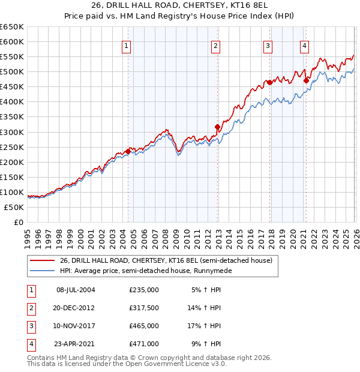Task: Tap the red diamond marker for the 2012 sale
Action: click(x=217, y=127)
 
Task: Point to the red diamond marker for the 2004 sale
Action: click(x=128, y=152)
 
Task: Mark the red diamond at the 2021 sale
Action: click(x=306, y=80)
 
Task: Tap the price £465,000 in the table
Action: click(x=144, y=326)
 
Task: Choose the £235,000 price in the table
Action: click(x=144, y=290)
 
